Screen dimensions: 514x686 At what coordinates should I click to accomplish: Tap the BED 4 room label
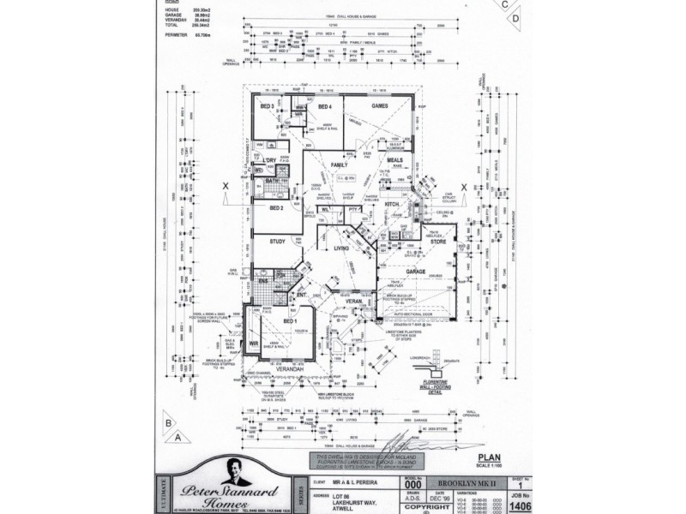[324, 106]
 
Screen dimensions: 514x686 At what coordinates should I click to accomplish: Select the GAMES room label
[380, 105]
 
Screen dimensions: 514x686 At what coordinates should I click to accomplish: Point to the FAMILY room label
[339, 164]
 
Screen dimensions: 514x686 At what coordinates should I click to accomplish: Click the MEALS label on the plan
[395, 160]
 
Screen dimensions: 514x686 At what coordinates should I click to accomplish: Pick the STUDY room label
[277, 242]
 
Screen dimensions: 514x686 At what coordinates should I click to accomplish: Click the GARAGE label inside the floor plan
[416, 271]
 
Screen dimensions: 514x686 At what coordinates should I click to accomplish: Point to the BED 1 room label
[290, 320]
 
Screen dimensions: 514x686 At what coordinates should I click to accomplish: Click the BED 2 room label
[276, 208]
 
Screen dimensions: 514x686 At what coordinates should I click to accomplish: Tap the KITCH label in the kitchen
[393, 204]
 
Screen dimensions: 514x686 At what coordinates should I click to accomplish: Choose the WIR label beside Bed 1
[254, 344]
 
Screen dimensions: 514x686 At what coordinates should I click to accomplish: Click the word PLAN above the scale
[489, 457]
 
